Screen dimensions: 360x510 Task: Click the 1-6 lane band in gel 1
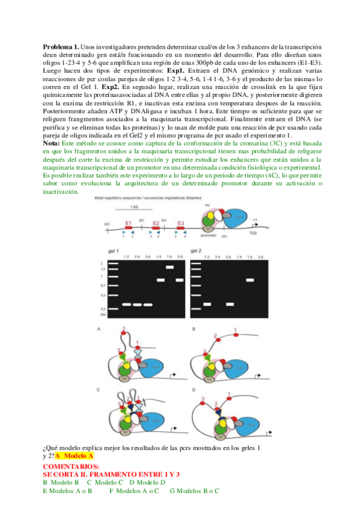pyautogui.click(x=169, y=266)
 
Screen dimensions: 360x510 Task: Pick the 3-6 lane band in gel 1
pyautogui.click(x=178, y=280)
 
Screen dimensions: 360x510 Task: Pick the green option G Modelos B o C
pyautogui.click(x=195, y=491)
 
